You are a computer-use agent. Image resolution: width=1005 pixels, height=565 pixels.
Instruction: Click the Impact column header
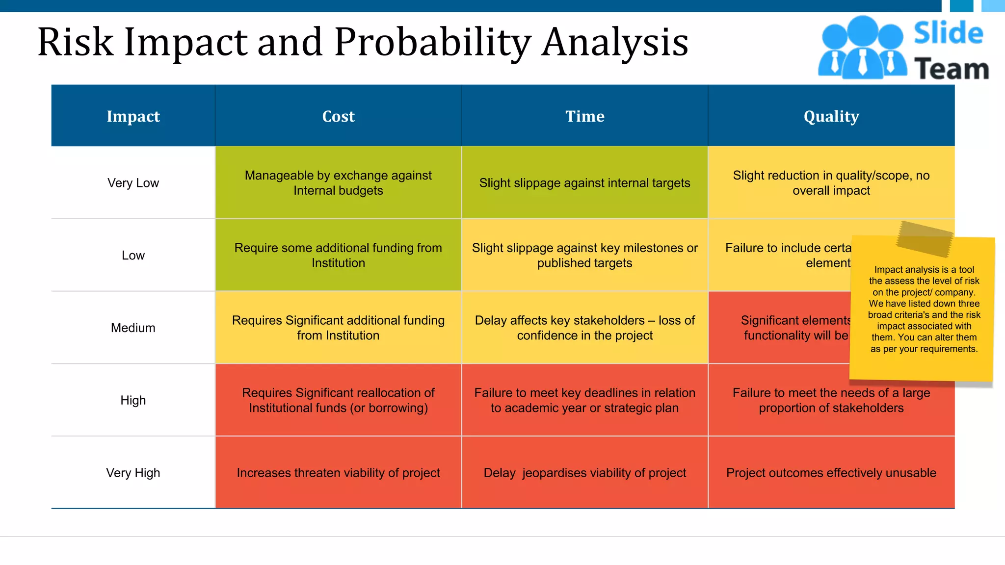coord(133,116)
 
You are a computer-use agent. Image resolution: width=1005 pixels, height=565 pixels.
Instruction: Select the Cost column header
coord(338,116)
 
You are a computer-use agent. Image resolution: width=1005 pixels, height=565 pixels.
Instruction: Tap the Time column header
coord(584,116)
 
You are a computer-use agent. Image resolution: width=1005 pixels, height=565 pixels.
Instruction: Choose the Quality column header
coord(831,116)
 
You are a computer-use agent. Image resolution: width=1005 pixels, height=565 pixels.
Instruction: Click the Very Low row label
coord(133,183)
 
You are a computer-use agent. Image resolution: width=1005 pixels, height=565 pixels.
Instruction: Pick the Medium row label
coord(133,328)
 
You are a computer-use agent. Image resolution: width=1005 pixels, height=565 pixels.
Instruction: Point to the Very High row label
coord(133,473)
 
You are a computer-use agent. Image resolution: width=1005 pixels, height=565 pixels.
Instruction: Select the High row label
coord(133,400)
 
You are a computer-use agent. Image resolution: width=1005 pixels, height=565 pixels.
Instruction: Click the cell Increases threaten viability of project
coord(338,473)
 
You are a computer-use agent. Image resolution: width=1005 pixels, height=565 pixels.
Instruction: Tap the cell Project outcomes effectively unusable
coord(831,473)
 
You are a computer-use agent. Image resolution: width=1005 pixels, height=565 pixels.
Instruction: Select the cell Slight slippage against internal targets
coord(584,183)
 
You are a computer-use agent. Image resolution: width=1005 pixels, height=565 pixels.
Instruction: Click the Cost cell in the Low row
coord(338,255)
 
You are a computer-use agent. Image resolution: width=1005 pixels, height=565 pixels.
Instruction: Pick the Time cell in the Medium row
coord(584,328)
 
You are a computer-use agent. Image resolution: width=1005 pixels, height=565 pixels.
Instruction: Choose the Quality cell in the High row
coord(831,400)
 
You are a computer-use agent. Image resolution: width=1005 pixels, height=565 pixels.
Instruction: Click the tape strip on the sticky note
coord(925,239)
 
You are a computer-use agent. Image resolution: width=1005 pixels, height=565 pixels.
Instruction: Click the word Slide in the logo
coord(948,33)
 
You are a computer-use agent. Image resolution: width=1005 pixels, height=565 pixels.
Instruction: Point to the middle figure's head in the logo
coord(863,30)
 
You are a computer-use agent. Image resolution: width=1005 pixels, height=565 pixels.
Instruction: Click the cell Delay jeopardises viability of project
coord(584,473)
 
